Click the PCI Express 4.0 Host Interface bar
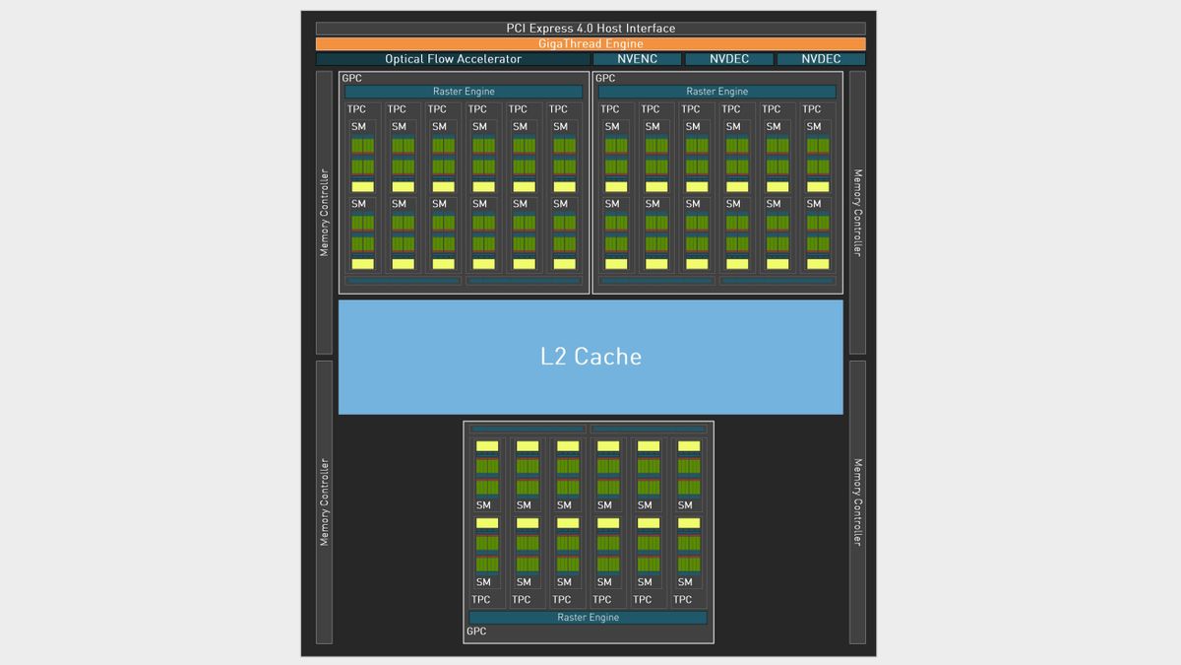coord(590,29)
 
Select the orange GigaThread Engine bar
coord(590,43)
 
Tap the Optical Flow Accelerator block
coord(453,59)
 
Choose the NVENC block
coord(637,59)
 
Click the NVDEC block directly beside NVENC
coord(729,59)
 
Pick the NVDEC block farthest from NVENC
coord(821,59)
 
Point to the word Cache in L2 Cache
coord(608,357)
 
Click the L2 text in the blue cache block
coord(553,357)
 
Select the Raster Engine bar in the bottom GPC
coord(588,618)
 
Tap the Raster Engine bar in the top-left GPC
coord(464,92)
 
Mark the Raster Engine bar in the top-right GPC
coord(717,92)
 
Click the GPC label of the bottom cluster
coord(476,632)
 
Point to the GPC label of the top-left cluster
coord(351,78)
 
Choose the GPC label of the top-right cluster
coord(605,78)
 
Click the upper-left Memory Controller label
coord(324,213)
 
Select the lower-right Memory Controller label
coord(858,502)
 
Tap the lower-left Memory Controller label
coord(324,502)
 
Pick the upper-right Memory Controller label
coord(858,213)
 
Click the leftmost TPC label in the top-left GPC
coord(356,109)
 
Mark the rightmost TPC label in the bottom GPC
coord(682,600)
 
